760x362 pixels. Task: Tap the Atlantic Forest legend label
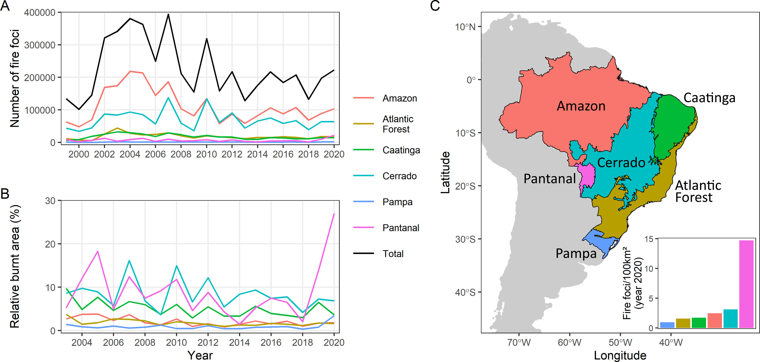(397, 124)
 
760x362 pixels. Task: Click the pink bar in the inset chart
(746, 284)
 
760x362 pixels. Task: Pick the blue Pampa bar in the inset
(667, 325)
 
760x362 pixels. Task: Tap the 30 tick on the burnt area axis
(50, 201)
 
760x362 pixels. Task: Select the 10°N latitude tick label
(465, 27)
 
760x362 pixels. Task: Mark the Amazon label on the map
(581, 106)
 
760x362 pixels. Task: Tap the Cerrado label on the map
(621, 163)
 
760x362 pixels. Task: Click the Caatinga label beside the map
(709, 98)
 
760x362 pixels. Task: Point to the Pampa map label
(576, 253)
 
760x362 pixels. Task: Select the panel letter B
(5, 194)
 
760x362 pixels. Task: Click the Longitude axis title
(620, 356)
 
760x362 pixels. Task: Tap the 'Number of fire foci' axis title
(14, 78)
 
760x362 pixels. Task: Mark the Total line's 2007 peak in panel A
(168, 14)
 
